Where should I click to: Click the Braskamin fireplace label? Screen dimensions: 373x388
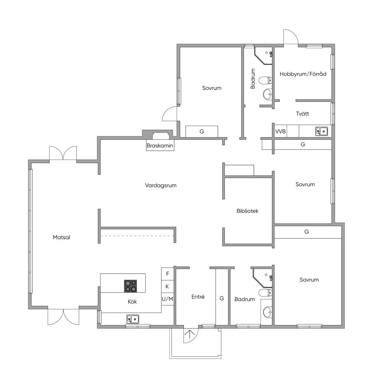point(160,145)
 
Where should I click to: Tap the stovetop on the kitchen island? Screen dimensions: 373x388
point(130,286)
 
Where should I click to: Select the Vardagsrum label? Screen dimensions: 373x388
point(161,185)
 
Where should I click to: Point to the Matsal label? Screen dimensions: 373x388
point(62,237)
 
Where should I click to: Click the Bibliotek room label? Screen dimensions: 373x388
point(248,211)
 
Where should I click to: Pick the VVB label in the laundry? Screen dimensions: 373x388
point(280,132)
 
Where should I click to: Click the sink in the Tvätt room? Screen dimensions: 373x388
point(322,131)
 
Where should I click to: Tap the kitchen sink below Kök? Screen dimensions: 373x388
point(133,319)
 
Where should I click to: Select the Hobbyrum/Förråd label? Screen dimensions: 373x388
point(303,74)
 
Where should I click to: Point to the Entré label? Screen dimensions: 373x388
point(198,297)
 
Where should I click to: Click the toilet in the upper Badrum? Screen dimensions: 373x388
point(266,80)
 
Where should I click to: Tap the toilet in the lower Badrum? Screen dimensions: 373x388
point(266,293)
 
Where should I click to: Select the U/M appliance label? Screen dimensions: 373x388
point(168,299)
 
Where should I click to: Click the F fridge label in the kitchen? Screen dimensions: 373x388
point(168,274)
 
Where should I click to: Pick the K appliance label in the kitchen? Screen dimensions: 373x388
point(167,286)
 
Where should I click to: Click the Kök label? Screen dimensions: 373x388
point(132,302)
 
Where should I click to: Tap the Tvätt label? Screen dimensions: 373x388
point(302,114)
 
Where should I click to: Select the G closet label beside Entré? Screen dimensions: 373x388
point(222,298)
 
